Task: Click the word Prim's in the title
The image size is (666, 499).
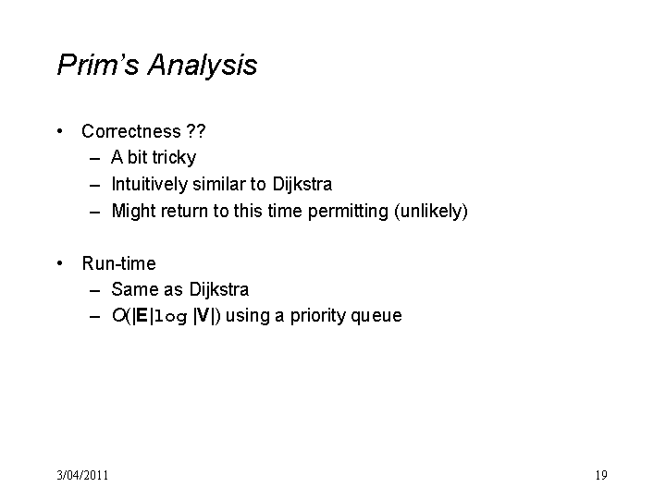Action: pos(98,65)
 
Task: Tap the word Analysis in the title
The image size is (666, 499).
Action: pos(203,67)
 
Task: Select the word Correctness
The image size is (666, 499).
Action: pos(131,131)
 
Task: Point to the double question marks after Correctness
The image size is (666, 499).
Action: pos(196,131)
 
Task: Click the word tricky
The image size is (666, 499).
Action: pos(174,158)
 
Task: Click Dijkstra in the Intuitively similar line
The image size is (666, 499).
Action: pos(302,185)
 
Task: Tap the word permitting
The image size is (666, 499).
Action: pos(348,212)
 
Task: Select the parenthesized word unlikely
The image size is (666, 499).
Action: pos(431,212)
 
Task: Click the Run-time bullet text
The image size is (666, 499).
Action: pos(119,263)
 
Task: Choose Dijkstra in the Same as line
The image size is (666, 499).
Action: pos(218,290)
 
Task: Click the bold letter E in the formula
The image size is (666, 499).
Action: pos(142,316)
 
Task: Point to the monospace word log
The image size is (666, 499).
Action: pos(170,317)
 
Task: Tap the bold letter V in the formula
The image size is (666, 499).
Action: pos(203,316)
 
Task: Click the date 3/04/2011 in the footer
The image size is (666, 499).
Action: pos(83,475)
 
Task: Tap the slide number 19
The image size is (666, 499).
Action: pos(601,475)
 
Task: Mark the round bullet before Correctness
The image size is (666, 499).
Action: pos(60,131)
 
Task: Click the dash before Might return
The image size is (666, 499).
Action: pos(95,212)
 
